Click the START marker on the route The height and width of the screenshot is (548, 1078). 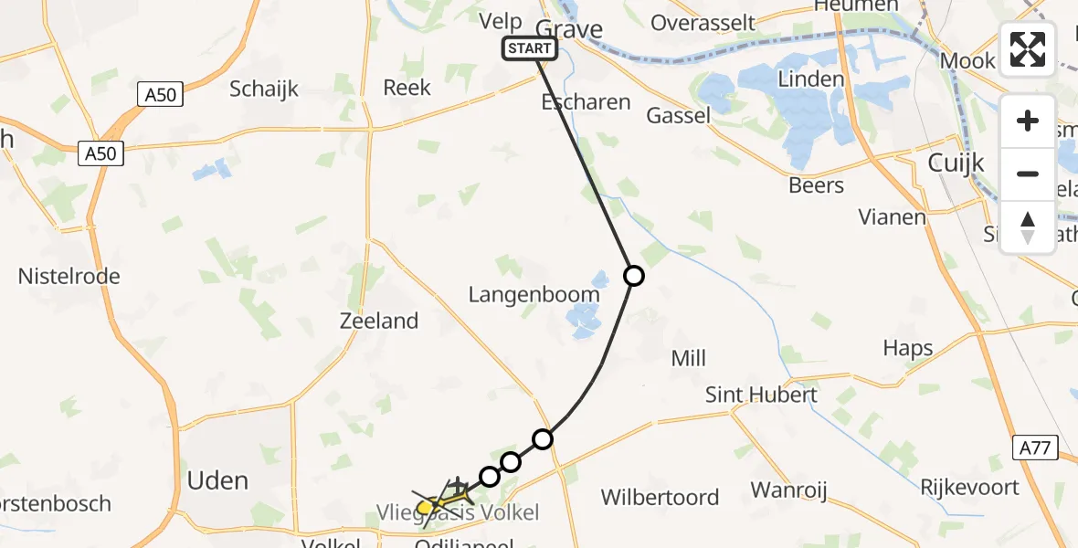[x=529, y=48]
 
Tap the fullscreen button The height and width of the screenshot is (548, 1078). [x=1028, y=49]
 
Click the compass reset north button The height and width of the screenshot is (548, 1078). [x=1028, y=227]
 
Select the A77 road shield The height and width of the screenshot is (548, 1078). [x=1036, y=448]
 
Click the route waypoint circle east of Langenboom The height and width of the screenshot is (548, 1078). [x=633, y=275]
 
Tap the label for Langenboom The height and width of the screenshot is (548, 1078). [x=534, y=294]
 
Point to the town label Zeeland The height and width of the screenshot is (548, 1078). [x=378, y=321]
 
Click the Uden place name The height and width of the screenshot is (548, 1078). [x=217, y=480]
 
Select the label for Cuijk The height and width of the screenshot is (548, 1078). [x=956, y=163]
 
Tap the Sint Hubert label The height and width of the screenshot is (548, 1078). [x=761, y=395]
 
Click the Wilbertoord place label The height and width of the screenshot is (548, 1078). [x=660, y=498]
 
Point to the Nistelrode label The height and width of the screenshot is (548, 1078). [x=69, y=276]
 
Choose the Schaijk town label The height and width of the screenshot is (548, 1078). [x=264, y=89]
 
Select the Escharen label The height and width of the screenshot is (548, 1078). [x=586, y=101]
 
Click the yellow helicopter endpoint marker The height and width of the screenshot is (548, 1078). [x=426, y=506]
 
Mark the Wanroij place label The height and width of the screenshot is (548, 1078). [x=788, y=490]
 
